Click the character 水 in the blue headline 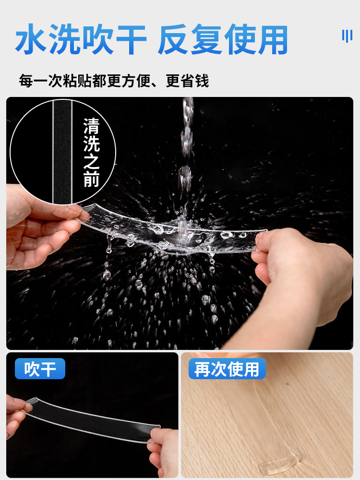pyautogui.click(x=32, y=39)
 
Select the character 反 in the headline pyautogui.click(x=174, y=39)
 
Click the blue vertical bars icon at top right pyautogui.click(x=347, y=36)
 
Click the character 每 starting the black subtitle pyautogui.click(x=26, y=81)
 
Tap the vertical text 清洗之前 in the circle pyautogui.click(x=91, y=152)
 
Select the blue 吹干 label pyautogui.click(x=40, y=369)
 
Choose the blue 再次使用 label pyautogui.click(x=227, y=369)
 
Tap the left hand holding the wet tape pyautogui.click(x=40, y=227)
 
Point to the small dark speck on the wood pyautogui.click(x=288, y=384)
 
